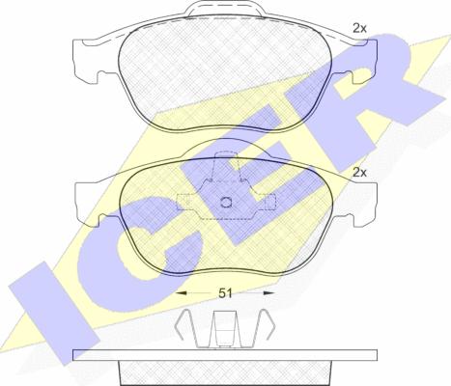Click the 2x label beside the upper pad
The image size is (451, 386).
point(359,29)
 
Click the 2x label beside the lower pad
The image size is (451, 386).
point(359,173)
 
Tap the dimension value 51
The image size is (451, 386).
point(225,293)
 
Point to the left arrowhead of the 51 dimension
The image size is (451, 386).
point(182,293)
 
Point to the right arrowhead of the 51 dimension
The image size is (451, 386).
point(268,293)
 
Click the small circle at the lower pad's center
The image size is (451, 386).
point(227,203)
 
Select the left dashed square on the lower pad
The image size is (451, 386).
point(183,203)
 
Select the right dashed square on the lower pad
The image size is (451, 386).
point(269,203)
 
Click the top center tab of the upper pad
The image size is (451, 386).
point(225,8)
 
